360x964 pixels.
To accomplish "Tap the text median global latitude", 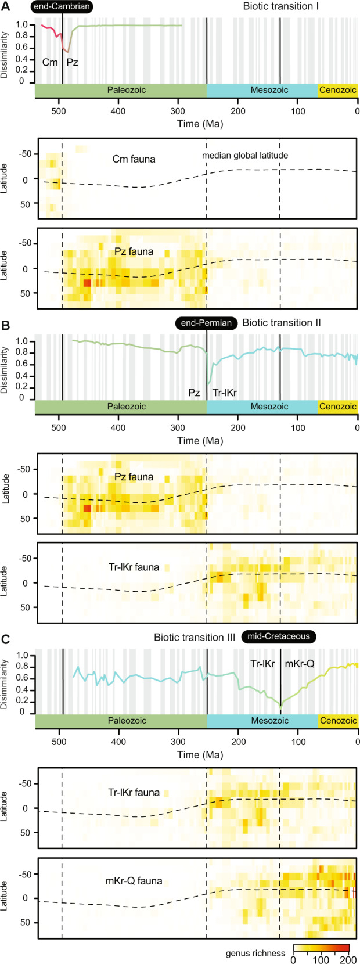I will click(x=245, y=155).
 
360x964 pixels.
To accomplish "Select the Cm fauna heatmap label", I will click(x=134, y=159).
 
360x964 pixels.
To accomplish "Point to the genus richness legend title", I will click(x=256, y=953).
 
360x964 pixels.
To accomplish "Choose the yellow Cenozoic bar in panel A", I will click(x=337, y=90).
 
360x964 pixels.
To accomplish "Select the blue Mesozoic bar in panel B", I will click(x=262, y=407).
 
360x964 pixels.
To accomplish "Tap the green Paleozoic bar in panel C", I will click(x=121, y=721).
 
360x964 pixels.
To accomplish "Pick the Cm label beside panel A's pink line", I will click(x=49, y=62).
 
